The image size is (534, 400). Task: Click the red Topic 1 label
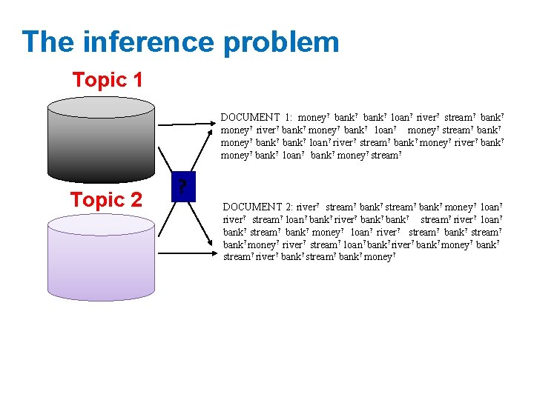[108, 80]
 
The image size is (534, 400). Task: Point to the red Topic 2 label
[106, 199]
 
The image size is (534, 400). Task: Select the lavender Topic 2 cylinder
[101, 259]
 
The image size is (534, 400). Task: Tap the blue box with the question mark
[181, 188]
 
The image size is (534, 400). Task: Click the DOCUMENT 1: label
[257, 117]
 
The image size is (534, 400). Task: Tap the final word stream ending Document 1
[385, 155]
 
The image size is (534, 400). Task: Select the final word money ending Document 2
[379, 256]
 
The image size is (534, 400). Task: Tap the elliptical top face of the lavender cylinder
[101, 224]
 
